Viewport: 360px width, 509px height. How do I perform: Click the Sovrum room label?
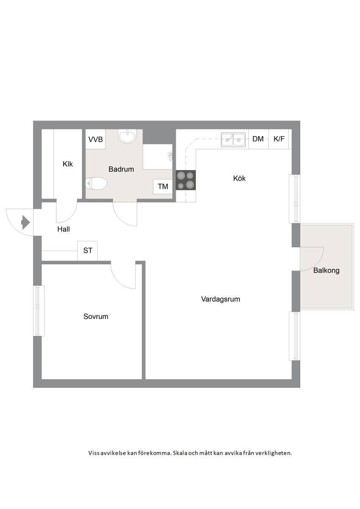(x=96, y=316)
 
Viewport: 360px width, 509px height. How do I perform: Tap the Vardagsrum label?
(x=220, y=299)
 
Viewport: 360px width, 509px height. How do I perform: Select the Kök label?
(x=239, y=178)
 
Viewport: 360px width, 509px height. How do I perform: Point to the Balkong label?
(x=326, y=271)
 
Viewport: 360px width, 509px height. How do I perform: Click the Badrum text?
(x=121, y=169)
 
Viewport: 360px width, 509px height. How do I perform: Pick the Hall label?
(x=63, y=229)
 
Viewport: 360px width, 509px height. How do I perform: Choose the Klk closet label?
(x=67, y=164)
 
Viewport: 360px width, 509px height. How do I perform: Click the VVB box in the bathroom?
(x=96, y=139)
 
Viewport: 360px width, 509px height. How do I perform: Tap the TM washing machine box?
(x=163, y=187)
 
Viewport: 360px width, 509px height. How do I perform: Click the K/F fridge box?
(x=278, y=139)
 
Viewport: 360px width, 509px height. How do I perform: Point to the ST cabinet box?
(x=87, y=251)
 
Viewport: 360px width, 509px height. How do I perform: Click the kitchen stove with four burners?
(x=186, y=180)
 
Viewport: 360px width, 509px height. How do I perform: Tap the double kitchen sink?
(x=233, y=140)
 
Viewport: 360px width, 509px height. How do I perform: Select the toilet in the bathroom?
(x=96, y=184)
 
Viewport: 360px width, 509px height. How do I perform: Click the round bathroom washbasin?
(x=127, y=136)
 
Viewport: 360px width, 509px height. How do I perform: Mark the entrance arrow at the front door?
(x=25, y=222)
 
